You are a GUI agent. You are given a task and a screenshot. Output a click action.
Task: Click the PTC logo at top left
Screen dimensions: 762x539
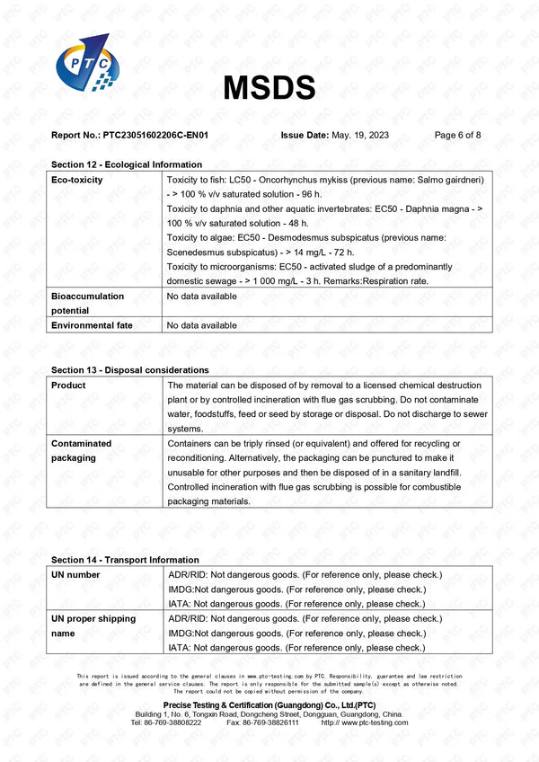pyautogui.click(x=84, y=67)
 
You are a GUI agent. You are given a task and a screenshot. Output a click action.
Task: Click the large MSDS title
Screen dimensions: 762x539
pyautogui.click(x=269, y=87)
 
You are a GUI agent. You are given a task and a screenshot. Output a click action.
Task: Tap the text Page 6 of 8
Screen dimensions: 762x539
pyautogui.click(x=457, y=135)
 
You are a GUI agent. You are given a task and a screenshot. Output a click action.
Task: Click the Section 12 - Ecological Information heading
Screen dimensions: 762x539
pyautogui.click(x=127, y=164)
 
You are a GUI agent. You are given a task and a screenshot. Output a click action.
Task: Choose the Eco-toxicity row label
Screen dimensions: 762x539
pyautogui.click(x=77, y=180)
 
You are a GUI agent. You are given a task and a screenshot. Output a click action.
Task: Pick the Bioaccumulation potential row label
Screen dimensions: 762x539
pyautogui.click(x=88, y=303)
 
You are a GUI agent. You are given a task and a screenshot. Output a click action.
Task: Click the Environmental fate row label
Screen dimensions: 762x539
pyautogui.click(x=92, y=325)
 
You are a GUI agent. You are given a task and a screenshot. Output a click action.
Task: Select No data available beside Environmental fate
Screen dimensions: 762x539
pyautogui.click(x=202, y=325)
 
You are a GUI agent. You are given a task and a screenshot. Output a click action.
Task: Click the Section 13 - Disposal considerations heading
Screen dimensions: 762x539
pyautogui.click(x=130, y=369)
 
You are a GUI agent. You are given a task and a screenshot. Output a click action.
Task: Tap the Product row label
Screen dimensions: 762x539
pyautogui.click(x=69, y=385)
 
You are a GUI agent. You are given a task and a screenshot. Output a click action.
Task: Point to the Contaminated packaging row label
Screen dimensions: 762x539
pyautogui.click(x=82, y=450)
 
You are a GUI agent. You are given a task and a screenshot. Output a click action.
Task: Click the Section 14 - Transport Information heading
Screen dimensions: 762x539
pyautogui.click(x=125, y=559)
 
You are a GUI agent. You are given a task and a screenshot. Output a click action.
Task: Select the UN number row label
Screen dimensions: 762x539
pyautogui.click(x=76, y=574)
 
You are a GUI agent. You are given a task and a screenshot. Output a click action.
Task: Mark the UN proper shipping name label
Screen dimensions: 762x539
pyautogui.click(x=93, y=625)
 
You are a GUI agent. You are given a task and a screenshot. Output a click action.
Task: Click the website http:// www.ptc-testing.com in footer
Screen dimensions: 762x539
pyautogui.click(x=364, y=722)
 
